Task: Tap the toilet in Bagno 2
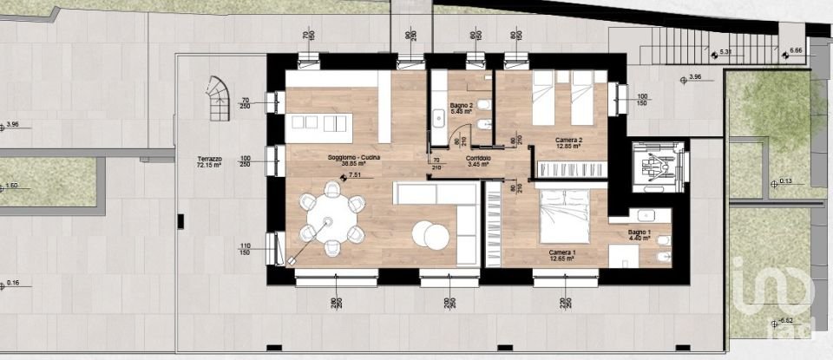coord(486,105)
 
